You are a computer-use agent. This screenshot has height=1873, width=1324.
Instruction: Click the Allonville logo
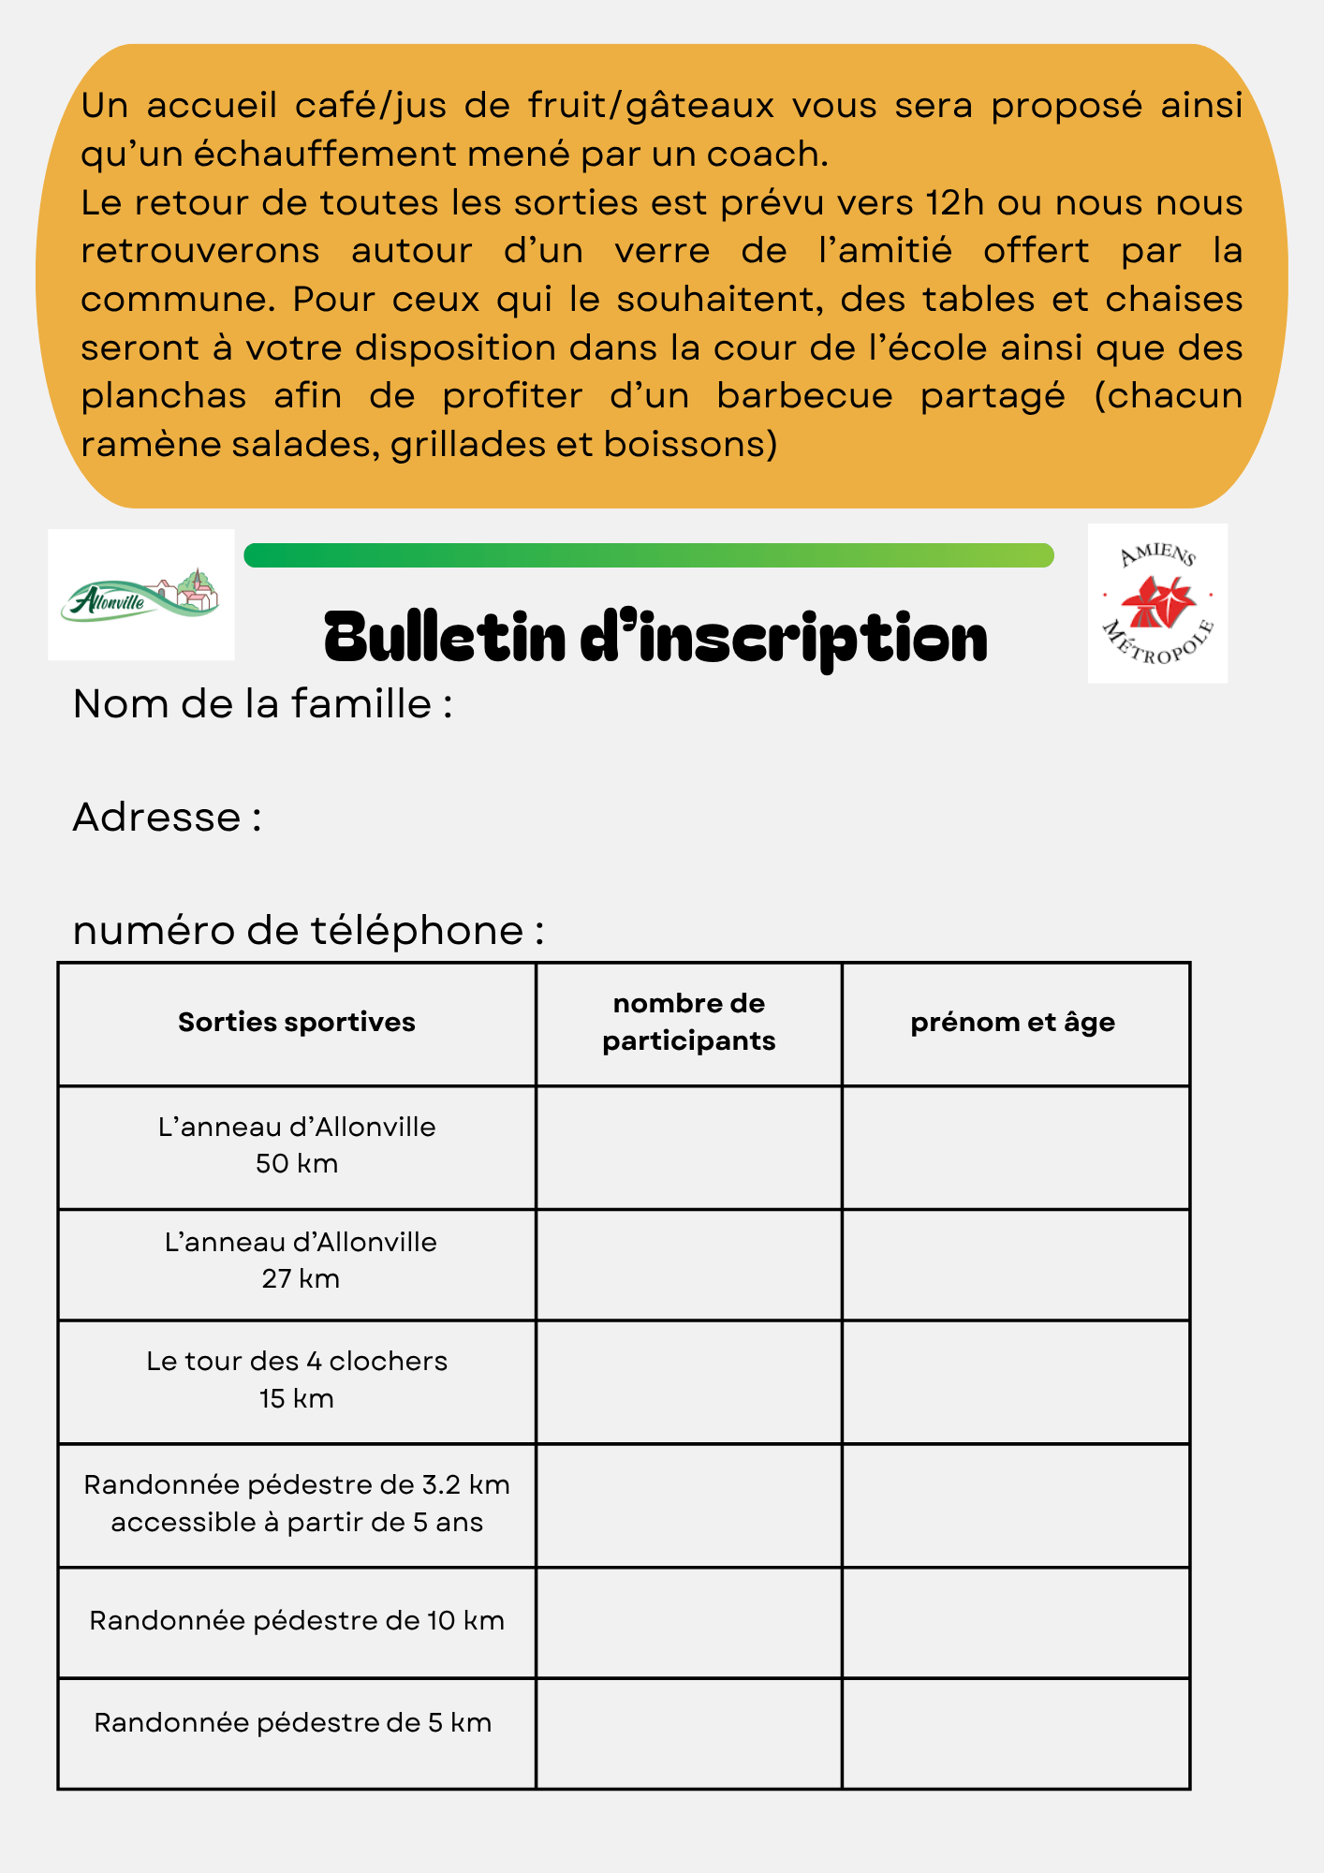(141, 595)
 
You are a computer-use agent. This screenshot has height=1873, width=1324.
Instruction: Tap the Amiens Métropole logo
(1157, 603)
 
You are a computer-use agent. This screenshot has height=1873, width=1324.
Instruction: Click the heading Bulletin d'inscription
(655, 638)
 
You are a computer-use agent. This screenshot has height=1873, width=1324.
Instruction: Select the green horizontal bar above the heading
(648, 555)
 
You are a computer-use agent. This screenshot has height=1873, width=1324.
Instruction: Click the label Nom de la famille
(262, 704)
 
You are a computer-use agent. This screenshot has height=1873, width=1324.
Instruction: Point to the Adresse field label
(167, 818)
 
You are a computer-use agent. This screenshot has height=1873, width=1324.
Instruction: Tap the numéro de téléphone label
(308, 931)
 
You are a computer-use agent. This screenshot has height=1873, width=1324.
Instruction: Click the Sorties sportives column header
(297, 1022)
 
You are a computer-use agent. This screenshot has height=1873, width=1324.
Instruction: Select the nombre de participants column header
(688, 1022)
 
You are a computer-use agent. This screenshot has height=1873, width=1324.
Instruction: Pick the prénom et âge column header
(1012, 1022)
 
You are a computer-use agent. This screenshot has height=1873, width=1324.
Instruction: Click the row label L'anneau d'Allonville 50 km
(297, 1144)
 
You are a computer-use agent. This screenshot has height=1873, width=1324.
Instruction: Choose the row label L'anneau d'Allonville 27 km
(300, 1260)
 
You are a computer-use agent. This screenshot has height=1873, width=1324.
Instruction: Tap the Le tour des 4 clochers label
(297, 1379)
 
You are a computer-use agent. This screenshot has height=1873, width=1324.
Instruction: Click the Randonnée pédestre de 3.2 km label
(297, 1503)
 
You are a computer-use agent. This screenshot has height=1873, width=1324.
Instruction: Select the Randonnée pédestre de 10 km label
(297, 1621)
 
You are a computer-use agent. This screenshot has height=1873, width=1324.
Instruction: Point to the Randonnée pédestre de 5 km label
(293, 1723)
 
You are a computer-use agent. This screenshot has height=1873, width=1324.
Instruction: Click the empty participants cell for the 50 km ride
(688, 1147)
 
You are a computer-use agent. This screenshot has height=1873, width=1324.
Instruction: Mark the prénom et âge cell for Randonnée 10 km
(1016, 1623)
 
